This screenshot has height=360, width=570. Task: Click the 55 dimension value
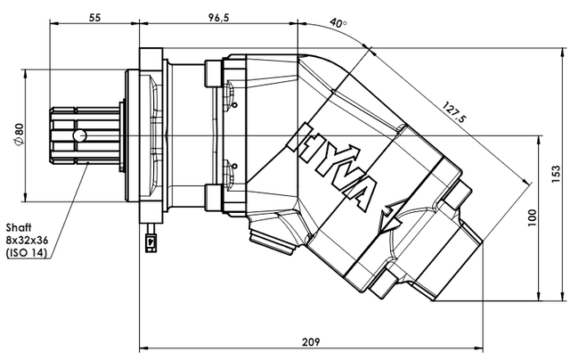click(94, 18)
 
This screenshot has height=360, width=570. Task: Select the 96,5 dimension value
click(219, 18)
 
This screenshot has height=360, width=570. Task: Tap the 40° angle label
click(338, 23)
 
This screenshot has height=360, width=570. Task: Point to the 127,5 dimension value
click(453, 112)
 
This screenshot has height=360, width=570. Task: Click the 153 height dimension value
click(556, 175)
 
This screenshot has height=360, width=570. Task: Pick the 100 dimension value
click(532, 217)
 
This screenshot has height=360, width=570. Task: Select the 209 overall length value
click(311, 342)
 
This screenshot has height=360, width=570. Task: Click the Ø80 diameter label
click(19, 135)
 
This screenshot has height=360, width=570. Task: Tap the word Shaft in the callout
click(19, 227)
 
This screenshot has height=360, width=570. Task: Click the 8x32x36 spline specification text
click(28, 241)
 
